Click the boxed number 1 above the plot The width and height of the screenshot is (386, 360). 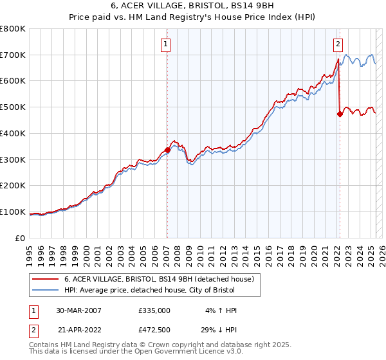[x=166, y=44]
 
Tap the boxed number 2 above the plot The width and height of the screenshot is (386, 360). [x=338, y=44]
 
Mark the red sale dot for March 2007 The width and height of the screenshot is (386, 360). [x=167, y=150]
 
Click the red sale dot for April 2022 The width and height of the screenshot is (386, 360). [x=339, y=114]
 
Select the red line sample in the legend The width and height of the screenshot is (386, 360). [x=46, y=280]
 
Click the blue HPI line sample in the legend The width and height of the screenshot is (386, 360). [x=46, y=291]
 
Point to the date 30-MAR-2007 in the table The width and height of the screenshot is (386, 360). [x=79, y=310]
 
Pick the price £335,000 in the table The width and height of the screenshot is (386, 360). [x=154, y=310]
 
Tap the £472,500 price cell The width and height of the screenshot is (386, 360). [x=154, y=329]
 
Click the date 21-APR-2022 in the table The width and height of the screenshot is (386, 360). [x=79, y=329]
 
